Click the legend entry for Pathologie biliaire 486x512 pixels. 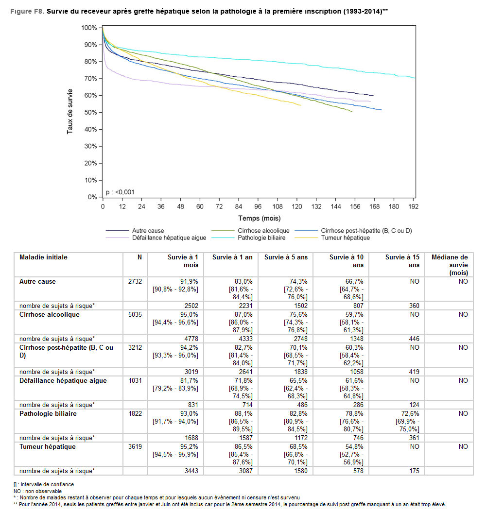coord(261,238)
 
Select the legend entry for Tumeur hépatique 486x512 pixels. coord(345,238)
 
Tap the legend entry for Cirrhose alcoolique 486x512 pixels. coord(263,231)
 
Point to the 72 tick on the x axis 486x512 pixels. coord(219,206)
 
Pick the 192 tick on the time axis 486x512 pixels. coord(413,206)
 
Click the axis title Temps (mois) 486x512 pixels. coord(259,219)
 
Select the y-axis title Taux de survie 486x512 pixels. coord(70,111)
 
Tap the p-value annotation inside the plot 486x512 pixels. coord(121,192)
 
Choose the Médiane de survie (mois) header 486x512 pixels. coord(450,265)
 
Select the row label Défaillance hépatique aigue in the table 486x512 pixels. coord(63,381)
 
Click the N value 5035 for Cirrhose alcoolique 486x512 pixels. coord(135,315)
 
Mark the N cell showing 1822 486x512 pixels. coord(135,414)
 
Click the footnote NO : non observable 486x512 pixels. coord(38,491)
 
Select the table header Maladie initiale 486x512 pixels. coord(43,257)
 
